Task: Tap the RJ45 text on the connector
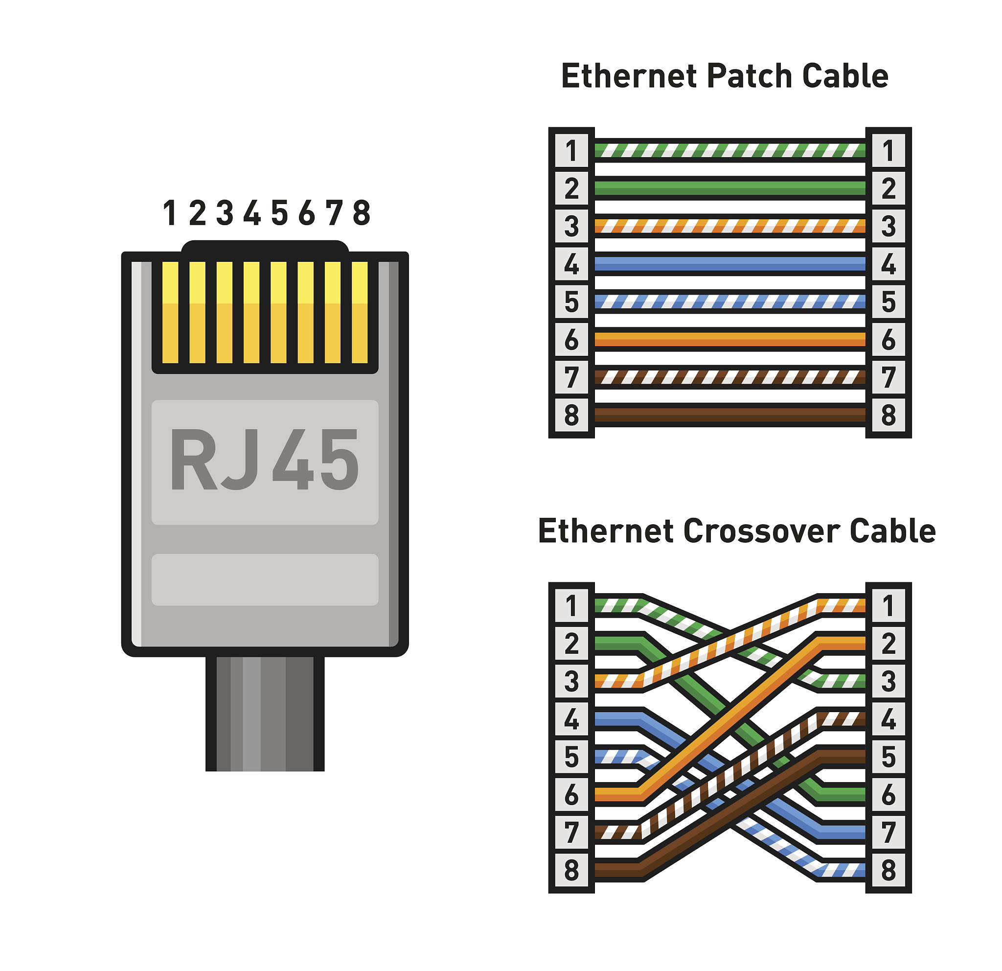[264, 460]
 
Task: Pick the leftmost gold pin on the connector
[170, 312]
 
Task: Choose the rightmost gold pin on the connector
[360, 312]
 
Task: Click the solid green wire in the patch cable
[729, 188]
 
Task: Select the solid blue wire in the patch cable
[729, 264]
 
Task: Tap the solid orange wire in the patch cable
[729, 340]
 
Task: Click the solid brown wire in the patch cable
[729, 415]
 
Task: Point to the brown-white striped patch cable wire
[729, 377]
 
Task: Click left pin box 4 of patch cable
[571, 264]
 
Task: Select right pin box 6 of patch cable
[888, 340]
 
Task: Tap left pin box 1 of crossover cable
[571, 606]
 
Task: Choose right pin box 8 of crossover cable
[888, 870]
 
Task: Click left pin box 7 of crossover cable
[571, 832]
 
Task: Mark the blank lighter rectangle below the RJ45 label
[264, 580]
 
